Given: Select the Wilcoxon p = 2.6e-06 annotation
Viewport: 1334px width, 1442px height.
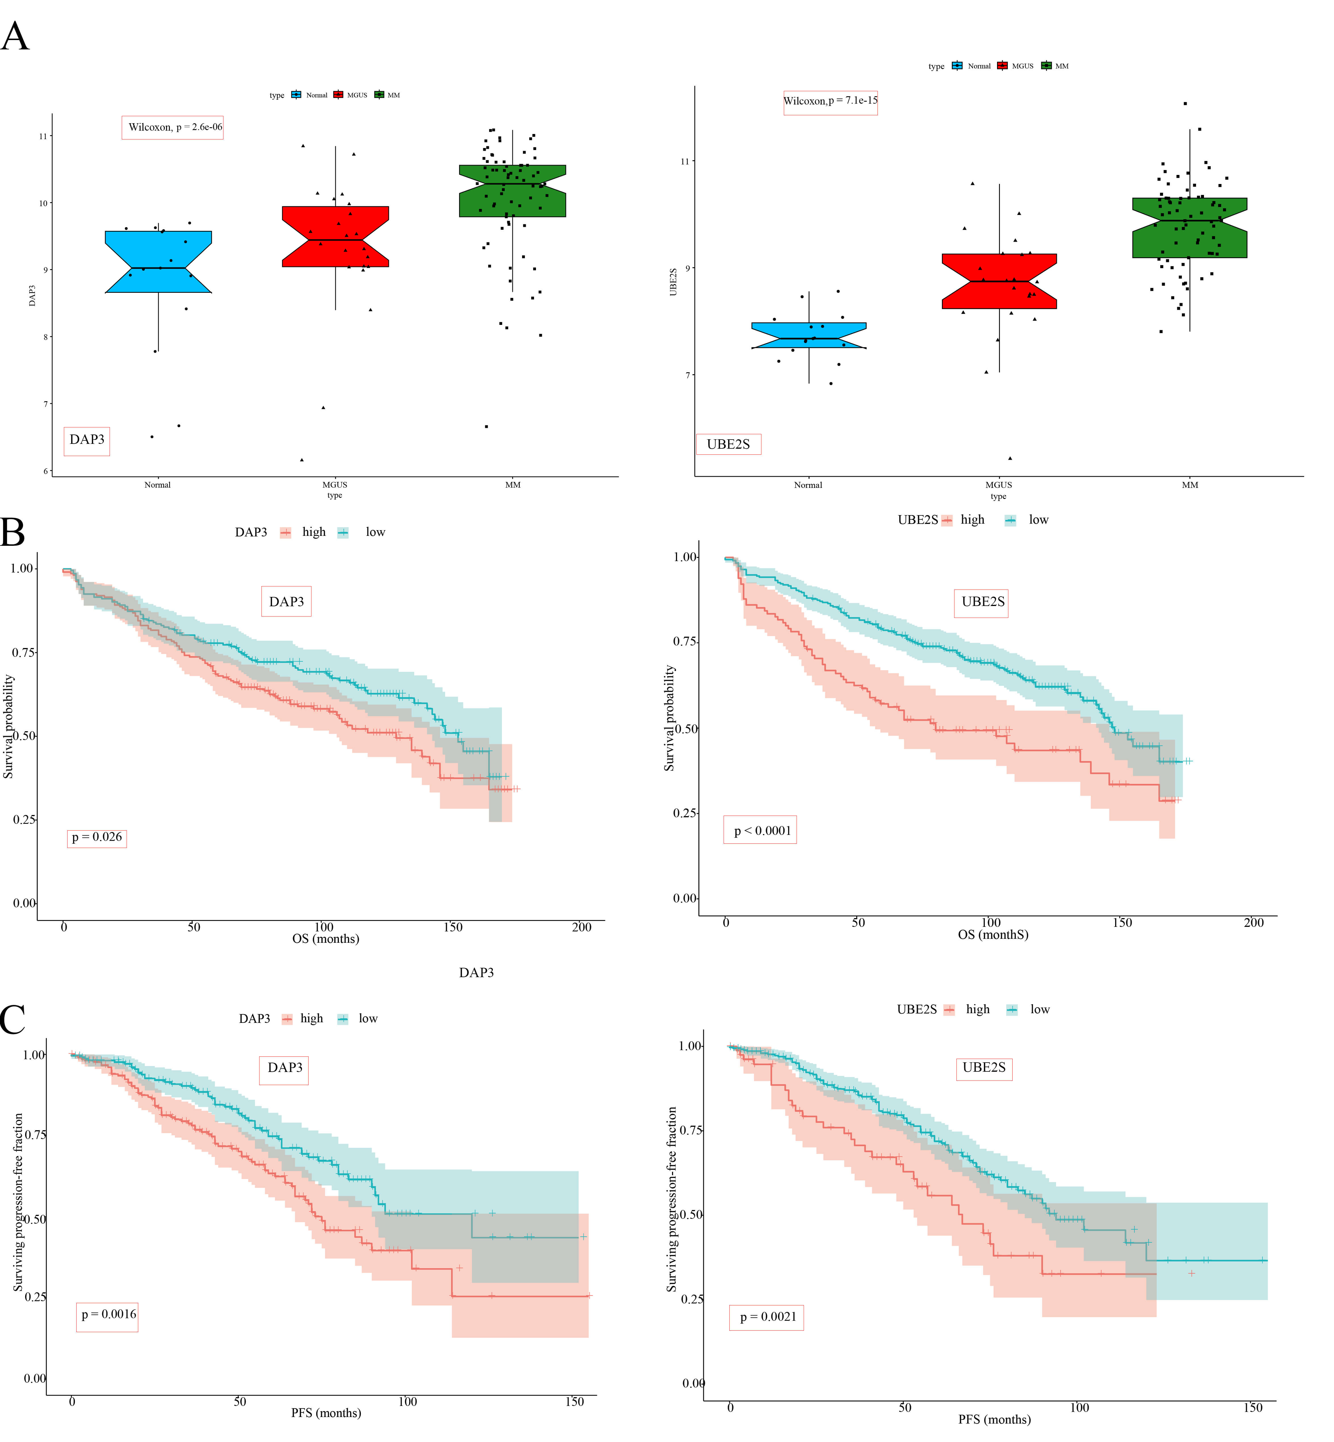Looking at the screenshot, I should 173,127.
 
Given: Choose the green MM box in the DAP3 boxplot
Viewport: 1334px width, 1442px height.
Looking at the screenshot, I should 512,191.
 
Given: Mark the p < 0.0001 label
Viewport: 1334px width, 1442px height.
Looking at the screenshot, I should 760,830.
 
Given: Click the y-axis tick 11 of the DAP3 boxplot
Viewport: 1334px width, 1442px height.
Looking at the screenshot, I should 43,136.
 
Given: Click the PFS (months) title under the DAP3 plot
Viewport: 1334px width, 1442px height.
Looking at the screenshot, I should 326,1412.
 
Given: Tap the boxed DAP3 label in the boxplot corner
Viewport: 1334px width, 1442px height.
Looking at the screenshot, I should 87,440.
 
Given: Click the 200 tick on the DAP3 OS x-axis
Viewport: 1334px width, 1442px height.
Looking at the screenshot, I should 582,927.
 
